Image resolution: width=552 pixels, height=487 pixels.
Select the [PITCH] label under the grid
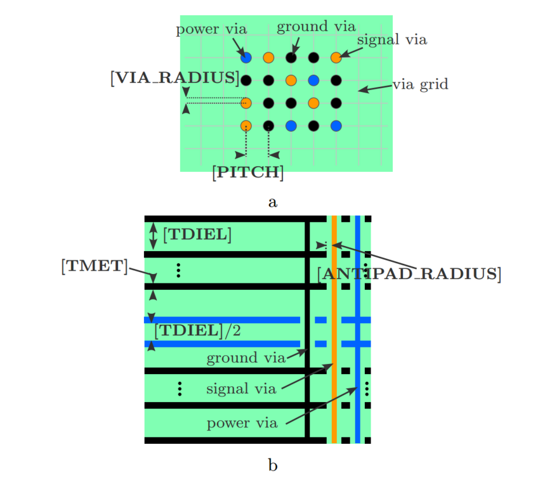pyautogui.click(x=248, y=172)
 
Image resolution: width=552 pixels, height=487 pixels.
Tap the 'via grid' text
pyautogui.click(x=420, y=84)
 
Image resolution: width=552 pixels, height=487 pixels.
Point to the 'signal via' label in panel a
pyautogui.click(x=391, y=39)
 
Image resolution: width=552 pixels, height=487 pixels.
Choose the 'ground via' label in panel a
pyautogui.click(x=316, y=27)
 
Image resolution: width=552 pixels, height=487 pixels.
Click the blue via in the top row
pyautogui.click(x=246, y=58)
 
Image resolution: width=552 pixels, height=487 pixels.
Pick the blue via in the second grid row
pyautogui.click(x=313, y=81)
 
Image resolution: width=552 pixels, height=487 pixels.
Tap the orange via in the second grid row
pyautogui.click(x=291, y=81)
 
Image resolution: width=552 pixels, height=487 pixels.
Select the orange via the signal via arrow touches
pyautogui.click(x=336, y=58)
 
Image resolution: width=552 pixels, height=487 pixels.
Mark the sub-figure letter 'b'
pyautogui.click(x=273, y=466)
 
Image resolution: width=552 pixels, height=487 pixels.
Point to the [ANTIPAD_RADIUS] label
pyautogui.click(x=409, y=274)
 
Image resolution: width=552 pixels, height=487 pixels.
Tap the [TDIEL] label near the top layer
pyautogui.click(x=197, y=235)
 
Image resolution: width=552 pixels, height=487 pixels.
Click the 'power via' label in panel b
pyautogui.click(x=242, y=423)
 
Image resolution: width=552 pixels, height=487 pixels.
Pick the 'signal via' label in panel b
pyautogui.click(x=241, y=389)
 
